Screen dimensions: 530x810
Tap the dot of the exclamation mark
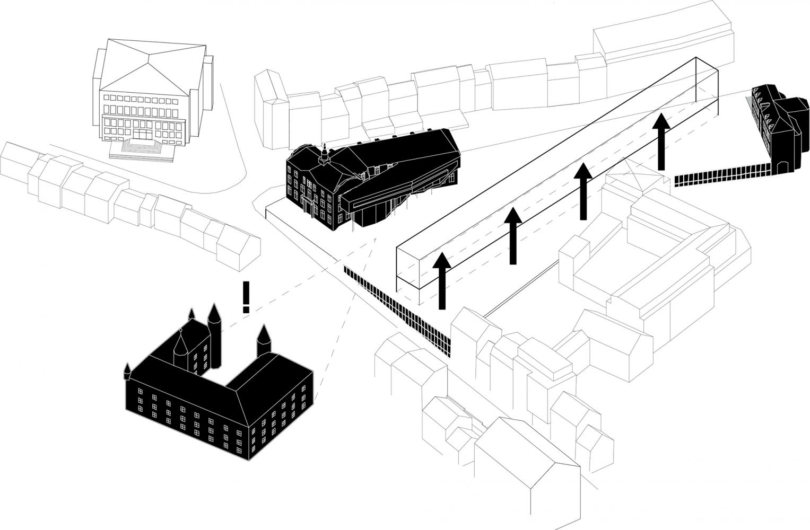[x=246, y=309]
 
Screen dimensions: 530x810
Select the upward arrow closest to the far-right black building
[x=660, y=140]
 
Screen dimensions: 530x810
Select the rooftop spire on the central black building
[x=323, y=154]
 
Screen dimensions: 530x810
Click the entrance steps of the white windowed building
[x=142, y=148]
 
